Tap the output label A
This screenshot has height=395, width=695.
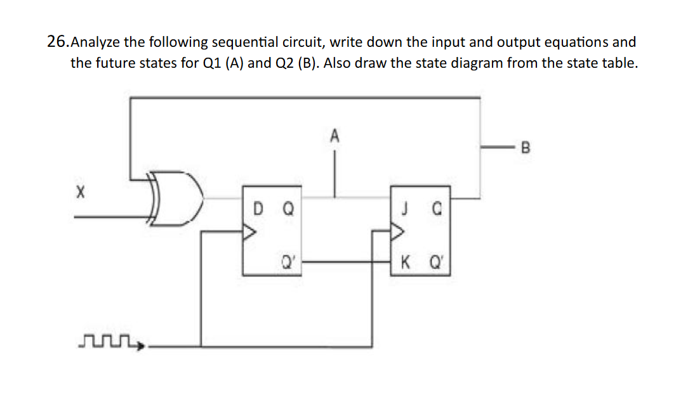click(x=335, y=135)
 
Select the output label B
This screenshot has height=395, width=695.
click(x=524, y=150)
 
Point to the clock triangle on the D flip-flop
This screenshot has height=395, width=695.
click(x=249, y=233)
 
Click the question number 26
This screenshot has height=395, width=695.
click(x=57, y=42)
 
